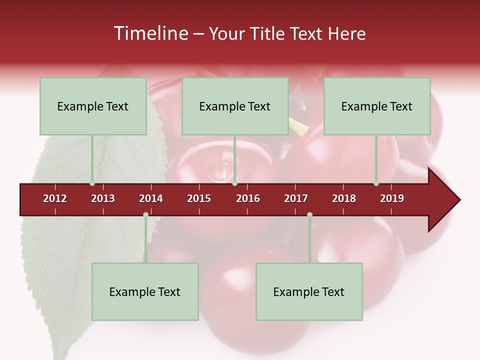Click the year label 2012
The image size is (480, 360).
tap(55, 198)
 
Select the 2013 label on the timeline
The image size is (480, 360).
tap(103, 198)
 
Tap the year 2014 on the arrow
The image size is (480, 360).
tap(151, 198)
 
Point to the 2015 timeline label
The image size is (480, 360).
tap(199, 198)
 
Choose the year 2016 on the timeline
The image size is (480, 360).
tap(248, 198)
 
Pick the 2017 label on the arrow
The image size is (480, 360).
tap(296, 198)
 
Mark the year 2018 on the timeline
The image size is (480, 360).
tap(344, 198)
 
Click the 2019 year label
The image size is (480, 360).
tap(392, 198)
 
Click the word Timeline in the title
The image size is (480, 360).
tap(150, 33)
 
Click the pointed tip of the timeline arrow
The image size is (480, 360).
tap(458, 200)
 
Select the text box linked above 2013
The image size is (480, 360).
tap(93, 106)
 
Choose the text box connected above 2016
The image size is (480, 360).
tap(235, 106)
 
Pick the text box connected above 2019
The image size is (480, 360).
tap(377, 106)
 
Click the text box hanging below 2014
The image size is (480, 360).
tap(145, 291)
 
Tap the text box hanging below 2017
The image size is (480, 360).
tap(309, 291)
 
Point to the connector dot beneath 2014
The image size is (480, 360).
tap(145, 215)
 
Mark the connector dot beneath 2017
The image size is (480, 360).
tap(309, 215)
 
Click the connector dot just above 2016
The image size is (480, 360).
tap(234, 183)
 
